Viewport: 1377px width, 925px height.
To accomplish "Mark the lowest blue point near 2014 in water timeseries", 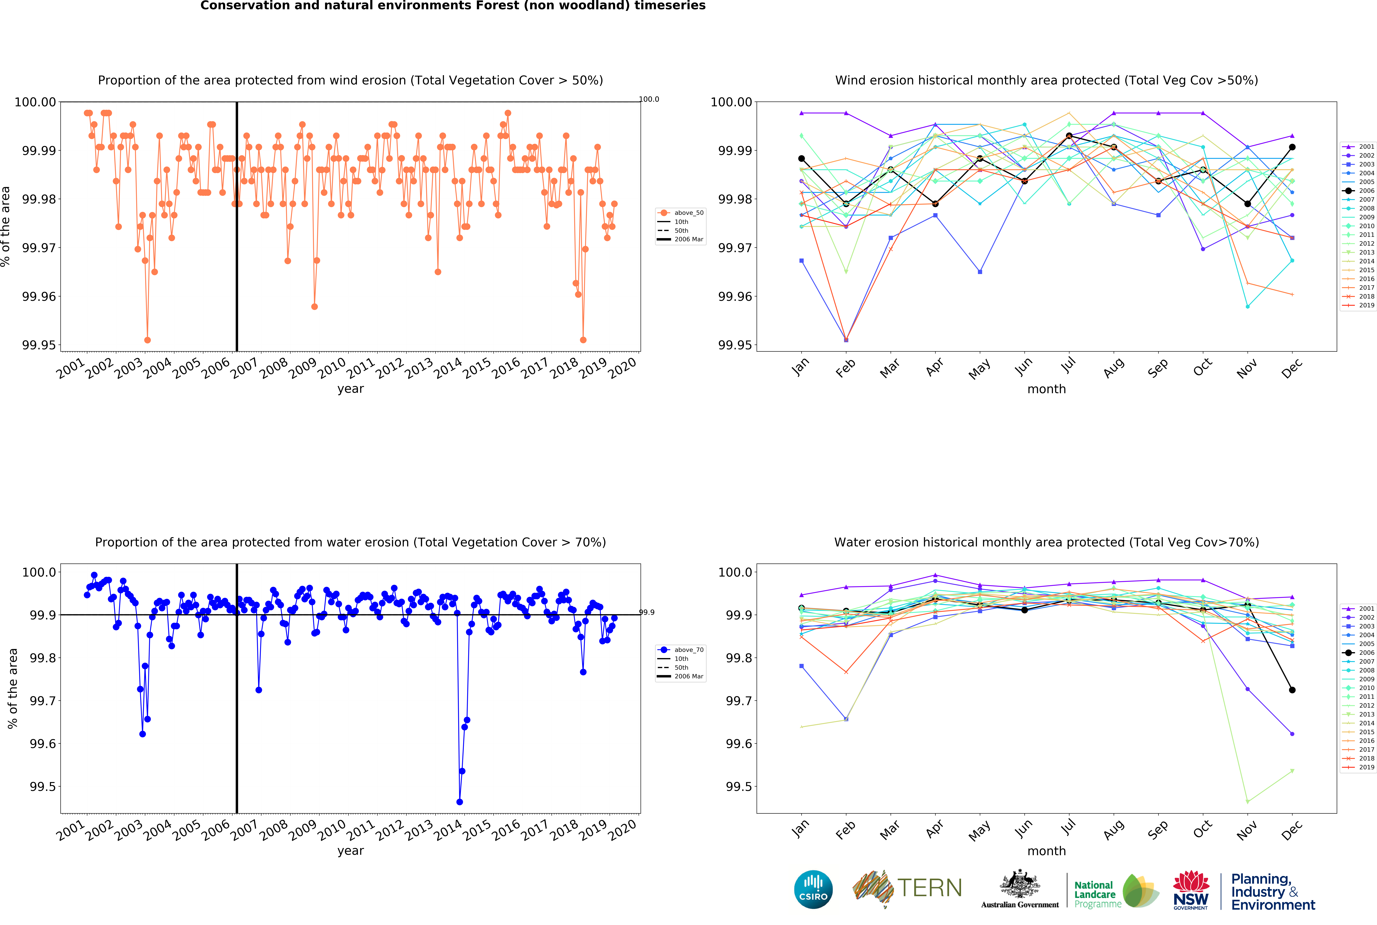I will tap(460, 802).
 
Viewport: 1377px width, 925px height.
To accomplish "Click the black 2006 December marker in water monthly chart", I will tap(1292, 690).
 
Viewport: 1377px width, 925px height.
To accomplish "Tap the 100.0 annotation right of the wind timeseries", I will tap(649, 99).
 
